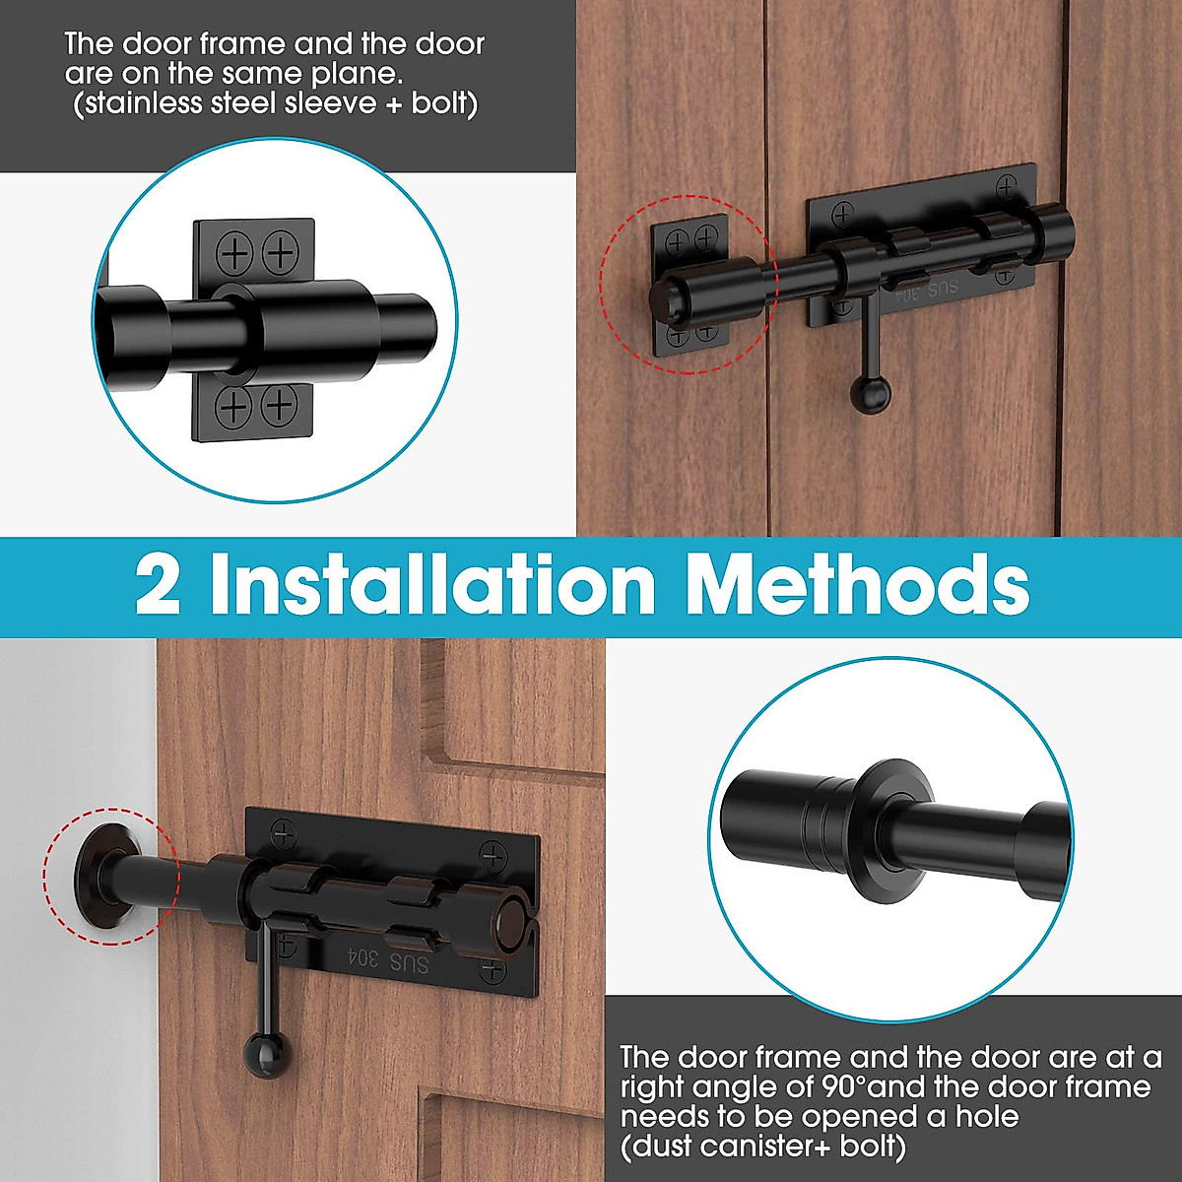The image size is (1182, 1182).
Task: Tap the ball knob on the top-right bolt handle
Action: [871, 395]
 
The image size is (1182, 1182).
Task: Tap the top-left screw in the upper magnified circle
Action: [235, 254]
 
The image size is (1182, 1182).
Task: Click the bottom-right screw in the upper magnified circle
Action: [281, 405]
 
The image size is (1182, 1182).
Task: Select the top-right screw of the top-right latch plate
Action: [1006, 185]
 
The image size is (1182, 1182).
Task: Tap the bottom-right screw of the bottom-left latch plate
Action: [492, 974]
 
